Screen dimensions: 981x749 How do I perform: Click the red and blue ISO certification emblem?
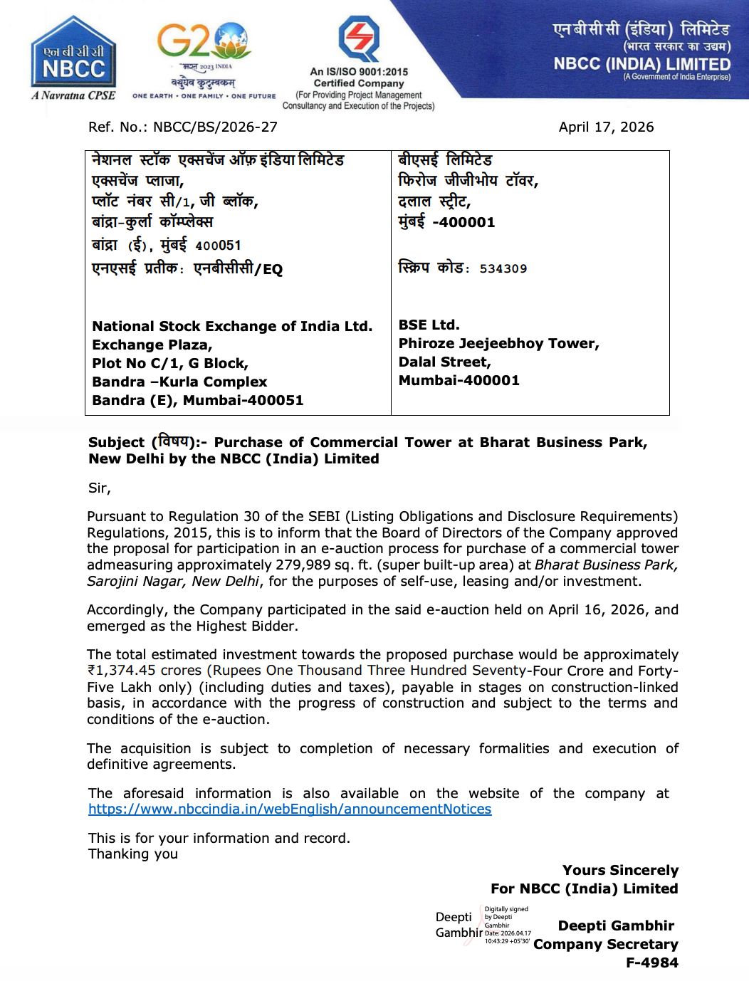pos(359,38)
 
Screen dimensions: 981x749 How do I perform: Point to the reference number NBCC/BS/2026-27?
pos(215,127)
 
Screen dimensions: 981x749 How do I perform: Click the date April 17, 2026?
pos(606,127)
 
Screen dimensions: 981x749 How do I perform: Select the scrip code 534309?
pos(503,268)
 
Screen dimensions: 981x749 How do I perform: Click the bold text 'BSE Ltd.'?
pos(429,325)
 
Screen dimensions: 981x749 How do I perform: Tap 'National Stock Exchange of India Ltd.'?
pos(232,326)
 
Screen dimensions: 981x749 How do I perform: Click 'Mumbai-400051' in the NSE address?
pos(243,400)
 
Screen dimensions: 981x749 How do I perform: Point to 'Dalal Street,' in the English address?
pos(444,362)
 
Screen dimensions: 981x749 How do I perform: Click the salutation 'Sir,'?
pos(99,488)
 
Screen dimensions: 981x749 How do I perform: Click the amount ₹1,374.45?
pos(122,670)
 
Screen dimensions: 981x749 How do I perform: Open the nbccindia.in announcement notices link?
pos(290,809)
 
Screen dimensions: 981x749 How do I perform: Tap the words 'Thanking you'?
pos(133,854)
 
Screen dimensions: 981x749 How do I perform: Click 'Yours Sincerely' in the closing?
pos(620,870)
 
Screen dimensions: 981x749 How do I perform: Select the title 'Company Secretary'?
pos(605,944)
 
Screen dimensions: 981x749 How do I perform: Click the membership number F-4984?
pos(651,962)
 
